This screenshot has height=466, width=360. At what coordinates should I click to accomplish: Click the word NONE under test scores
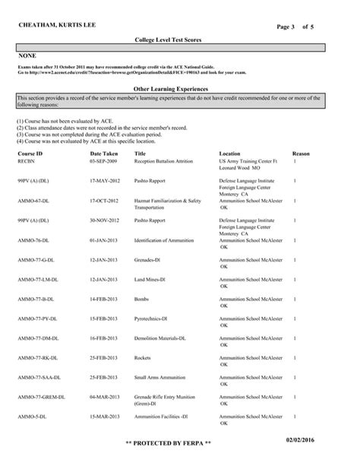(27, 56)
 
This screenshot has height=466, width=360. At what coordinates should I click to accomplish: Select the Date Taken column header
(103, 154)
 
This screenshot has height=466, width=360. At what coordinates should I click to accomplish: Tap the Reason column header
(301, 154)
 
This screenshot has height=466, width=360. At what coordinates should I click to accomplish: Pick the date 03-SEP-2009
(104, 161)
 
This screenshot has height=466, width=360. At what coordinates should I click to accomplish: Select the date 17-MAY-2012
(105, 181)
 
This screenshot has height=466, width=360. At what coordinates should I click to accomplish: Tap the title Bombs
(142, 300)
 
